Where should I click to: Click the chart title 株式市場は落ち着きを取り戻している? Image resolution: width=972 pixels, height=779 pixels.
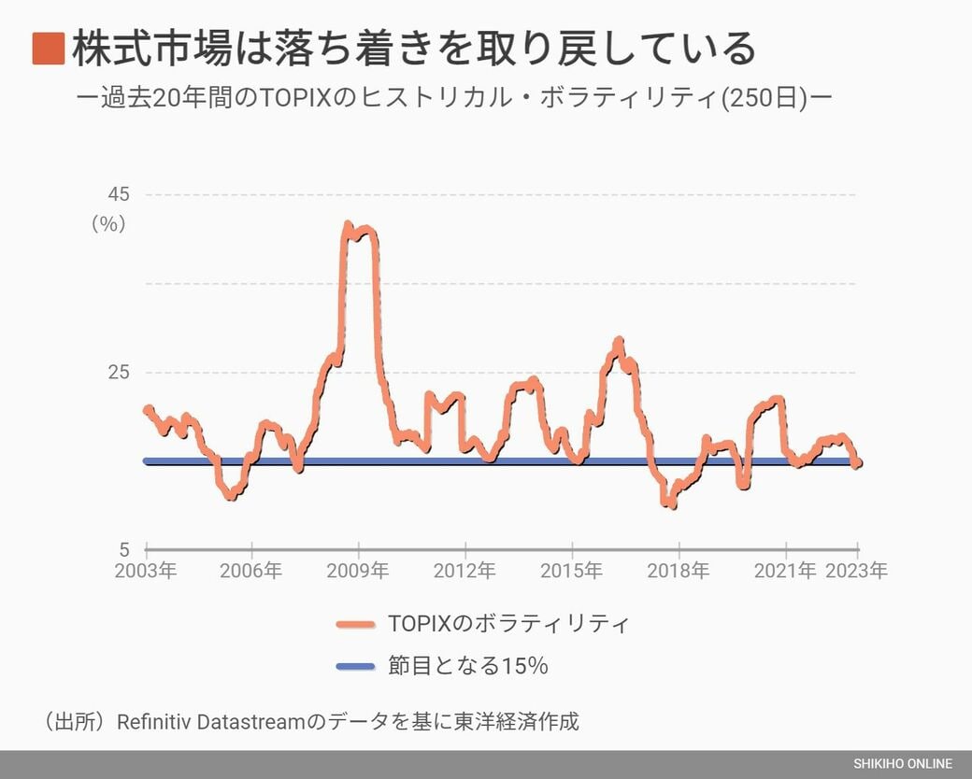click(x=413, y=49)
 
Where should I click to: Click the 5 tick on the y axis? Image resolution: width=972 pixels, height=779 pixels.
click(x=123, y=549)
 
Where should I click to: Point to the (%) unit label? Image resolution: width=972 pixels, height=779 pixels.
click(x=108, y=224)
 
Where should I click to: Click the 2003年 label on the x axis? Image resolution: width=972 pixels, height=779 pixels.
click(x=146, y=571)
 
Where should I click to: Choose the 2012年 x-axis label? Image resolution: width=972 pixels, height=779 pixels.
click(x=465, y=571)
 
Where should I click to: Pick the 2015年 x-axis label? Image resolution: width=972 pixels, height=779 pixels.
click(x=572, y=571)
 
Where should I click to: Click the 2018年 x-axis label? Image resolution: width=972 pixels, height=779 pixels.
click(x=679, y=571)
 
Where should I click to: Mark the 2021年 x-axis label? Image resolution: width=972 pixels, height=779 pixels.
click(x=785, y=571)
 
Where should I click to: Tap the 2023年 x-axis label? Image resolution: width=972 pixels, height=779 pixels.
click(x=857, y=571)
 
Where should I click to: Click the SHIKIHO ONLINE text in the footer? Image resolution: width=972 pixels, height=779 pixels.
click(x=902, y=764)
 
